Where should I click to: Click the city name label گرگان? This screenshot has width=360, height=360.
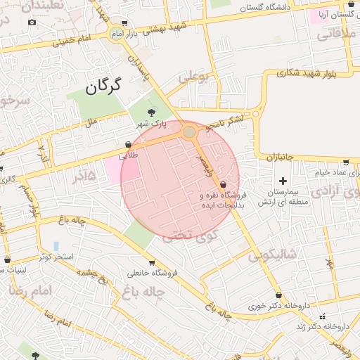point(103,86)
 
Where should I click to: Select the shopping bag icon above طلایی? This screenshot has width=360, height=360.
point(127,145)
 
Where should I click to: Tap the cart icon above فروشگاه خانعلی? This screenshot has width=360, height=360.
point(152,263)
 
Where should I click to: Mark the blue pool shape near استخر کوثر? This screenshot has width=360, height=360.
point(56,246)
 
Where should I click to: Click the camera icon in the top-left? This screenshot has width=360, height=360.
point(32,22)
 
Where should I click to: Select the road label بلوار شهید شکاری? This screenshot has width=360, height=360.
point(296,72)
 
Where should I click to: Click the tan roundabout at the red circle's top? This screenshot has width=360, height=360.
point(188,131)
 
